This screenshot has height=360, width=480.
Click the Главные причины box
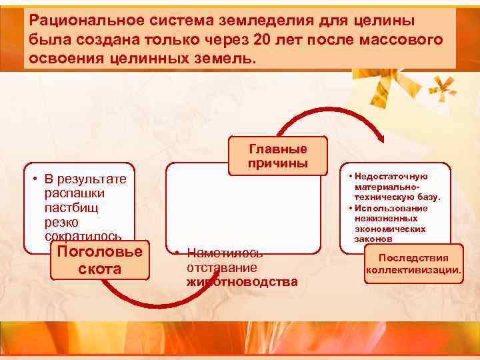click(x=277, y=156)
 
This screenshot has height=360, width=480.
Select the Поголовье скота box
click(x=99, y=260)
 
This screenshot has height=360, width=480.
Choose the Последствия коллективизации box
click(x=413, y=264)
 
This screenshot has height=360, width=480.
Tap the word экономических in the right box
click(x=390, y=229)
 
